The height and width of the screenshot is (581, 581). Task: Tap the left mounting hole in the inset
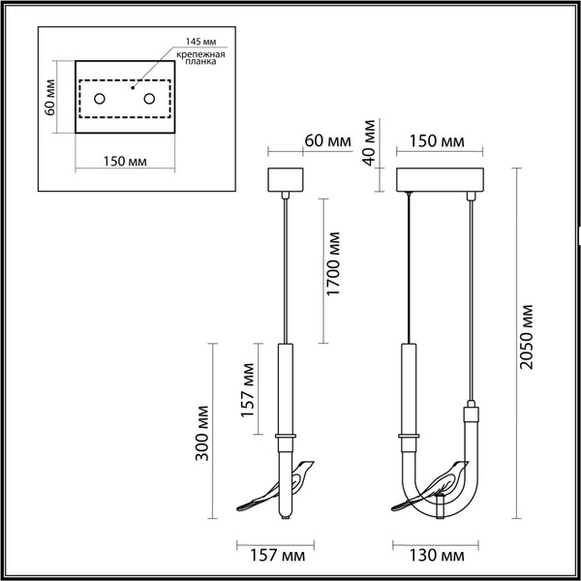pyautogui.click(x=100, y=99)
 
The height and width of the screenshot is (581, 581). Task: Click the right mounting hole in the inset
pyautogui.click(x=149, y=99)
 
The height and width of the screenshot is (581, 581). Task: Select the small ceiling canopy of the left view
pyautogui.click(x=285, y=181)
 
